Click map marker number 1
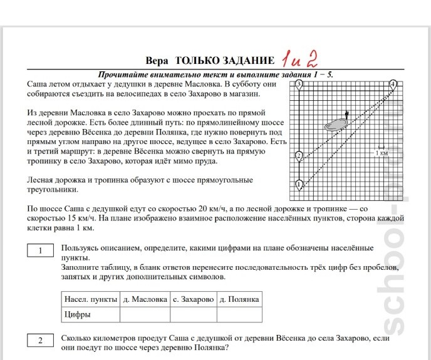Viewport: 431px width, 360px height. (x=299, y=183)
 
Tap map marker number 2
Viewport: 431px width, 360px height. (x=299, y=155)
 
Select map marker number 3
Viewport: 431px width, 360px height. (x=299, y=83)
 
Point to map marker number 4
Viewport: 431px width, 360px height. (x=393, y=83)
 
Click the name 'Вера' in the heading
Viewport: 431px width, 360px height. (x=157, y=61)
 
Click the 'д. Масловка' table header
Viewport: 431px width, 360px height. (x=145, y=299)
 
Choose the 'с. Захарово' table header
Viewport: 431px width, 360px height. (x=193, y=299)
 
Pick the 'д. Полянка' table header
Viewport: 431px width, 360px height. (x=239, y=299)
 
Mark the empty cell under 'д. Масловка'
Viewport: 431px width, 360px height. (x=145, y=314)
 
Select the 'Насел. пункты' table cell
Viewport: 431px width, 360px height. (x=88, y=299)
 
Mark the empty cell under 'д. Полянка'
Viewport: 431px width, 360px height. (x=239, y=314)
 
